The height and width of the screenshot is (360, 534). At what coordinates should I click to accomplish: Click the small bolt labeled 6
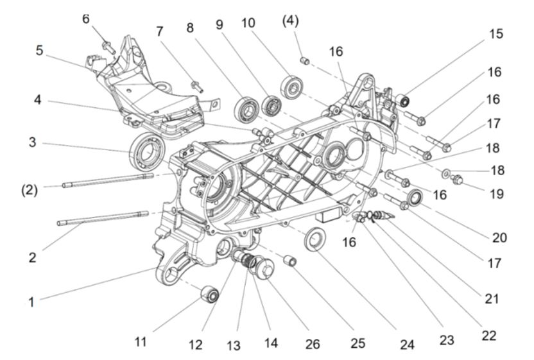107,45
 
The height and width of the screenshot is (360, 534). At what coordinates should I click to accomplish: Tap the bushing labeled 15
403,99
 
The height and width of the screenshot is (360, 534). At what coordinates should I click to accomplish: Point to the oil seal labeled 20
413,196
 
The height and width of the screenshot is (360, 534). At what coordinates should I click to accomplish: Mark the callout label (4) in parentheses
290,22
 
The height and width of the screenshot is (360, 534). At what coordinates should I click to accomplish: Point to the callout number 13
233,346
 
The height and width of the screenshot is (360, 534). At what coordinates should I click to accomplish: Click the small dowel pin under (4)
306,60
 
